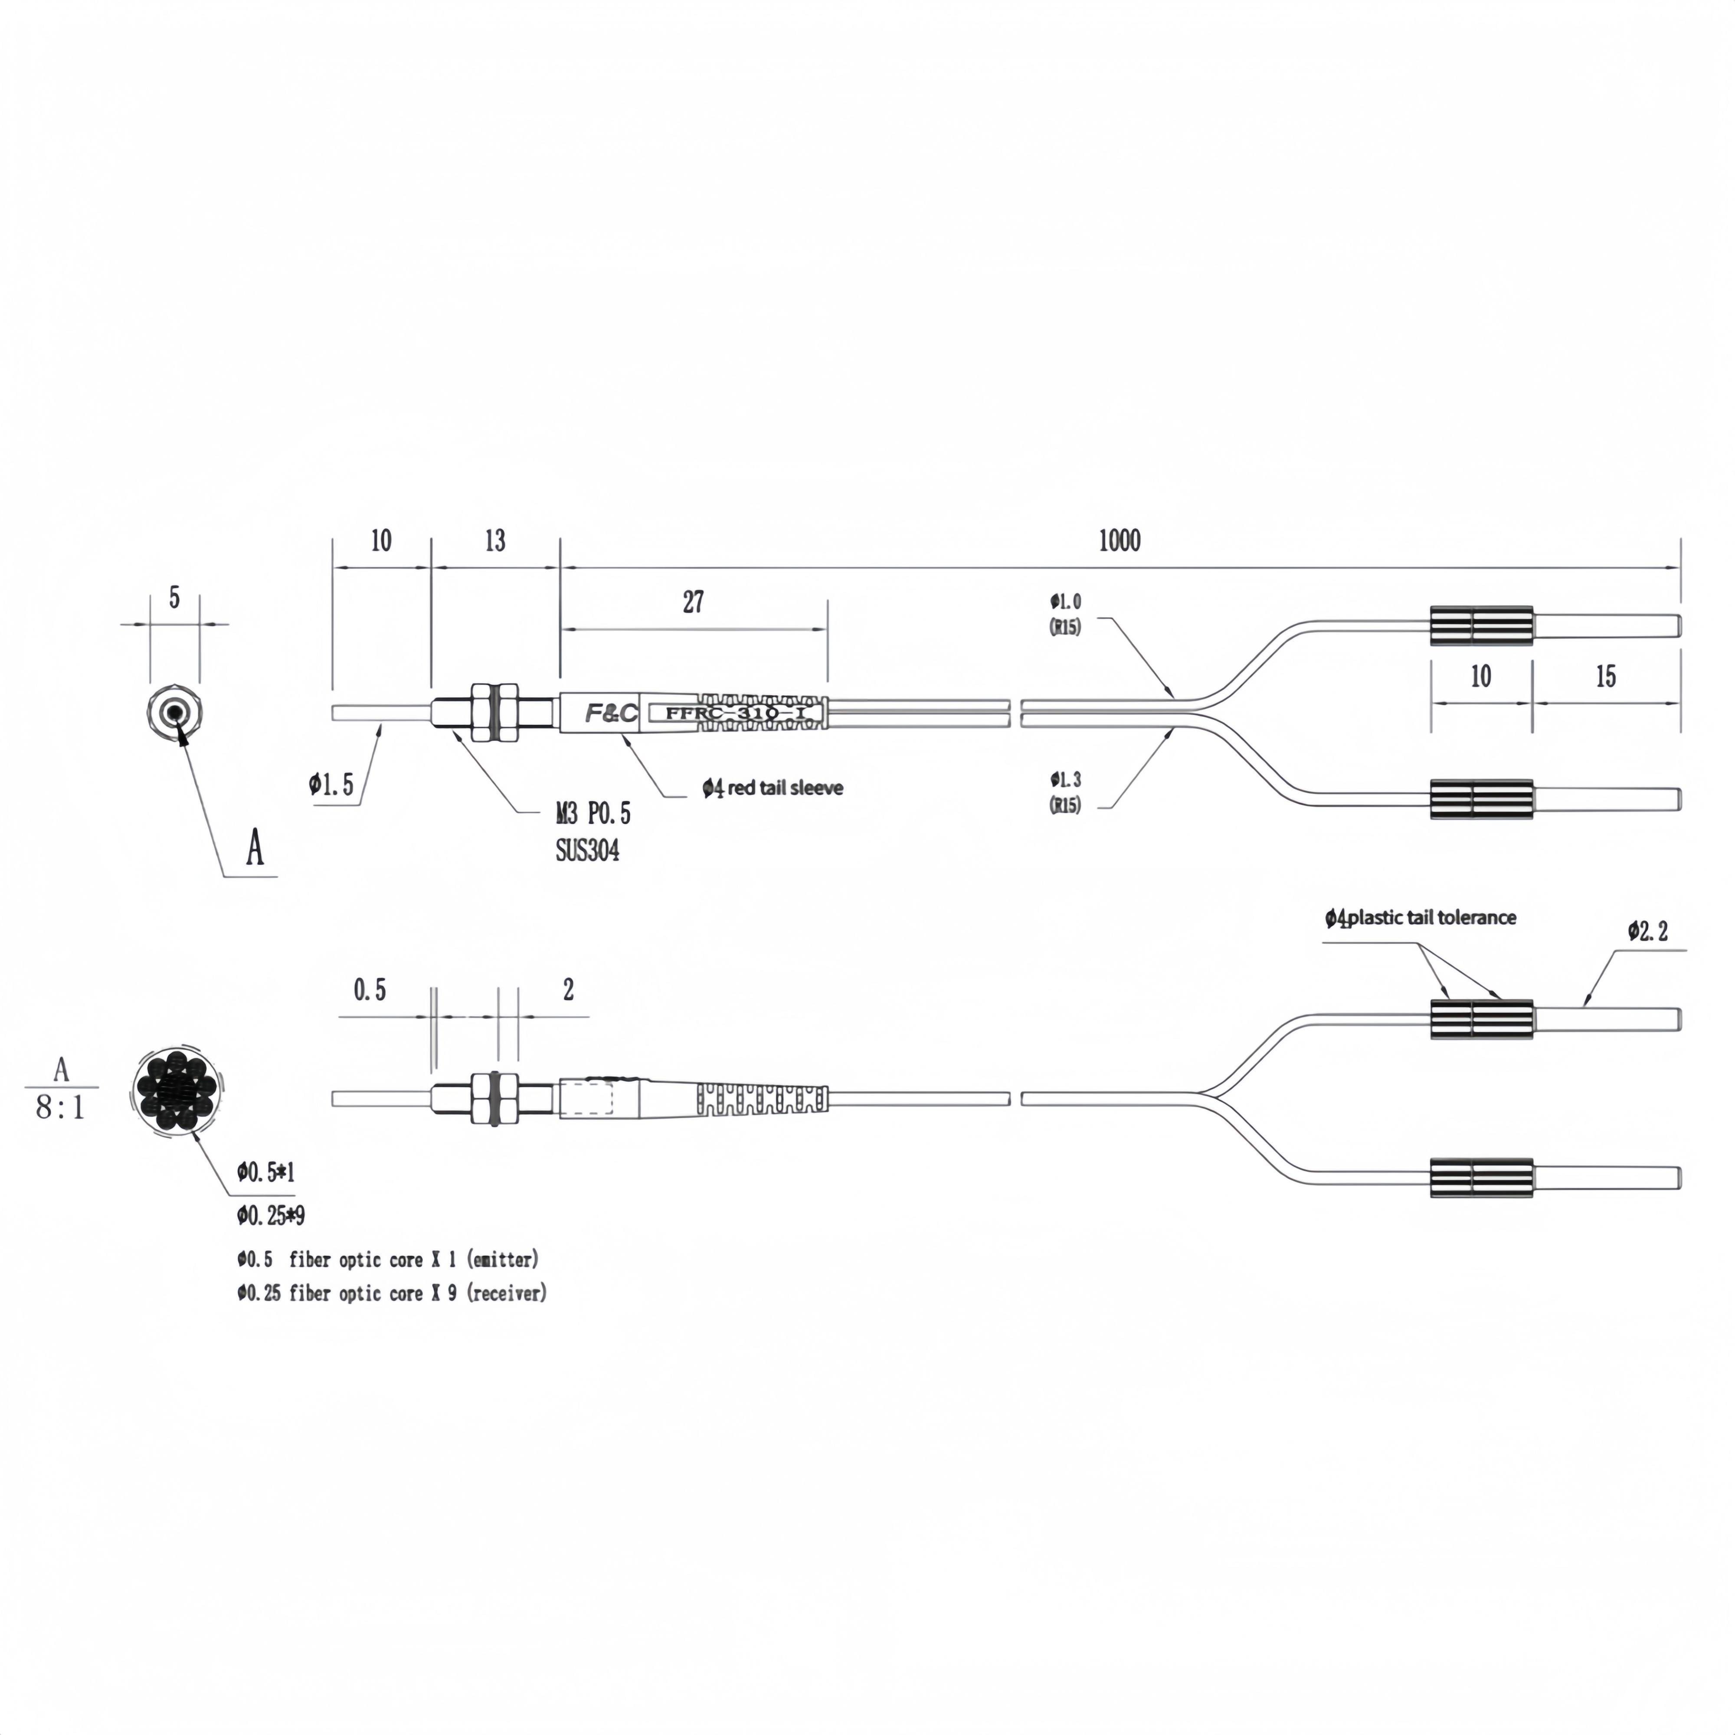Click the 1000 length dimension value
tap(1120, 540)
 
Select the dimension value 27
tap(693, 602)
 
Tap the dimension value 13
tap(495, 540)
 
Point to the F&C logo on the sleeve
tap(612, 713)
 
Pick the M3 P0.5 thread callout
tap(593, 814)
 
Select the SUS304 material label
tap(587, 850)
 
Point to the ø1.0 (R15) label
tap(1066, 614)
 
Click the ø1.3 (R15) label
tap(1066, 792)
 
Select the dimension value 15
tap(1606, 676)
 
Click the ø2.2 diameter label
tap(1648, 931)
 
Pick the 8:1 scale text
tap(60, 1107)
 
